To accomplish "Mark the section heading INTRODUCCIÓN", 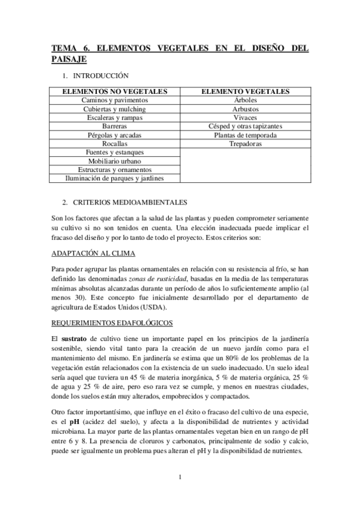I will click(100, 76).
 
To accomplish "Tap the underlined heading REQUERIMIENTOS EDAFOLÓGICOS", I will click(112, 322).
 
